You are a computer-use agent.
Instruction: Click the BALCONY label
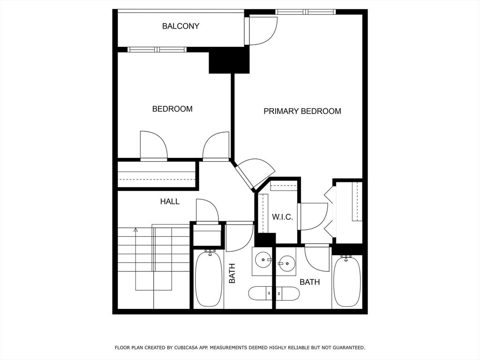click(x=180, y=26)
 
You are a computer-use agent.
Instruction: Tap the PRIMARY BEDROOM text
click(x=302, y=111)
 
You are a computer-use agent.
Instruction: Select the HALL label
click(x=170, y=202)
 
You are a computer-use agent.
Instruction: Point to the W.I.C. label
click(x=283, y=217)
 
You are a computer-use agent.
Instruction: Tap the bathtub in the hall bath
click(x=209, y=279)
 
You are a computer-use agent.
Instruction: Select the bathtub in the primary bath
click(x=347, y=282)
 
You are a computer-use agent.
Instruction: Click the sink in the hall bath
click(x=262, y=261)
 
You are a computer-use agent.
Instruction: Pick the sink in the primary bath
click(x=286, y=262)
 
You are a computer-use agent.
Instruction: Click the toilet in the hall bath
click(x=260, y=293)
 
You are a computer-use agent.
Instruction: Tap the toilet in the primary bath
click(x=288, y=293)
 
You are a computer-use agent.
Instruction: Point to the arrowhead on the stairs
click(x=135, y=229)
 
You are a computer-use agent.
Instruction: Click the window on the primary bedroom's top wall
click(x=305, y=12)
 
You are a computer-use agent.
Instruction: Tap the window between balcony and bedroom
click(x=157, y=50)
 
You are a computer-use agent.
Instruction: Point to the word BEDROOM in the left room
click(x=172, y=109)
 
